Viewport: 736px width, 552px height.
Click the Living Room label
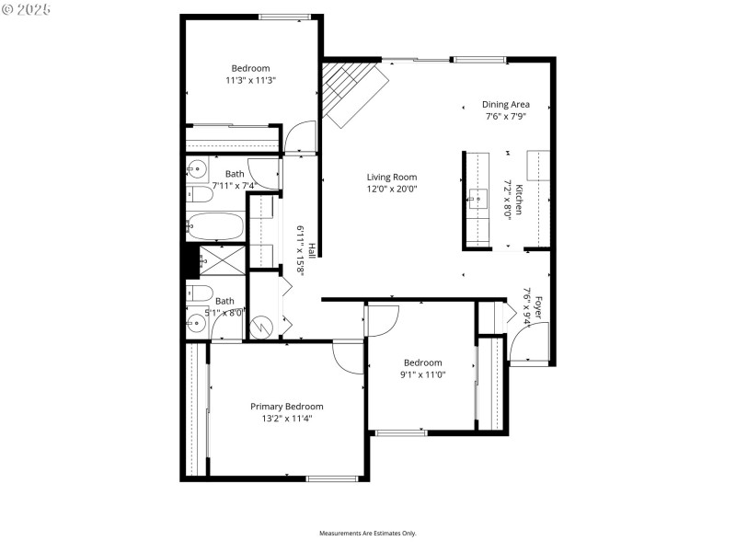pyautogui.click(x=392, y=178)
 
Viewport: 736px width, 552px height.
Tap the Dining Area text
pyautogui.click(x=506, y=105)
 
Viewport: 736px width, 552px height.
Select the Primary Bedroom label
pyautogui.click(x=287, y=406)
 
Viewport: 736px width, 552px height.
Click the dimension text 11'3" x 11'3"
pyautogui.click(x=250, y=80)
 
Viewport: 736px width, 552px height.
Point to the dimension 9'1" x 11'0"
pyautogui.click(x=421, y=374)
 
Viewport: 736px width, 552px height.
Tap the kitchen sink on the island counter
pyautogui.click(x=478, y=197)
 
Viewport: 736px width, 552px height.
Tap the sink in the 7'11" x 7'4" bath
pyautogui.click(x=197, y=168)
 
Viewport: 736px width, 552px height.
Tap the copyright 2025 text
pyautogui.click(x=28, y=9)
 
